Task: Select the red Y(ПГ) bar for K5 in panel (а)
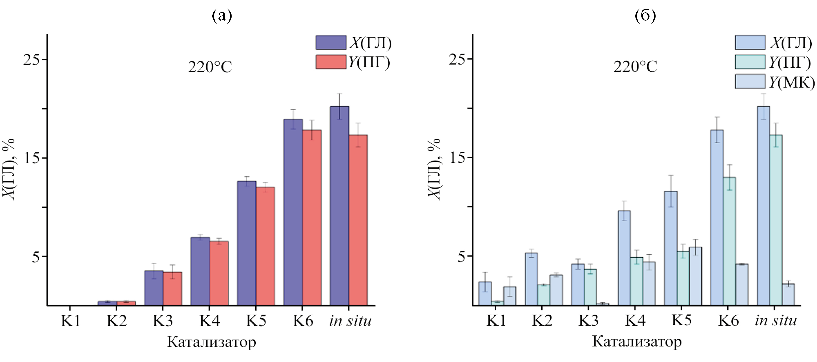pos(265,246)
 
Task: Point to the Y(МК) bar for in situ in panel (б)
pos(788,294)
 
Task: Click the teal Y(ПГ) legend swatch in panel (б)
pos(750,62)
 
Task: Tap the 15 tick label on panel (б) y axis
pos(458,158)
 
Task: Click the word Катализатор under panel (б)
pos(637,342)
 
